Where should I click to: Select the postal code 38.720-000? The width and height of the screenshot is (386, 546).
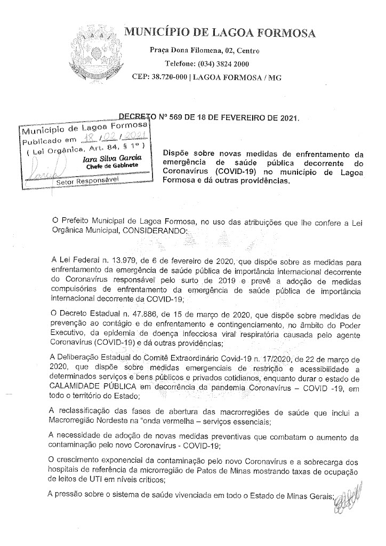click(x=170, y=77)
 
